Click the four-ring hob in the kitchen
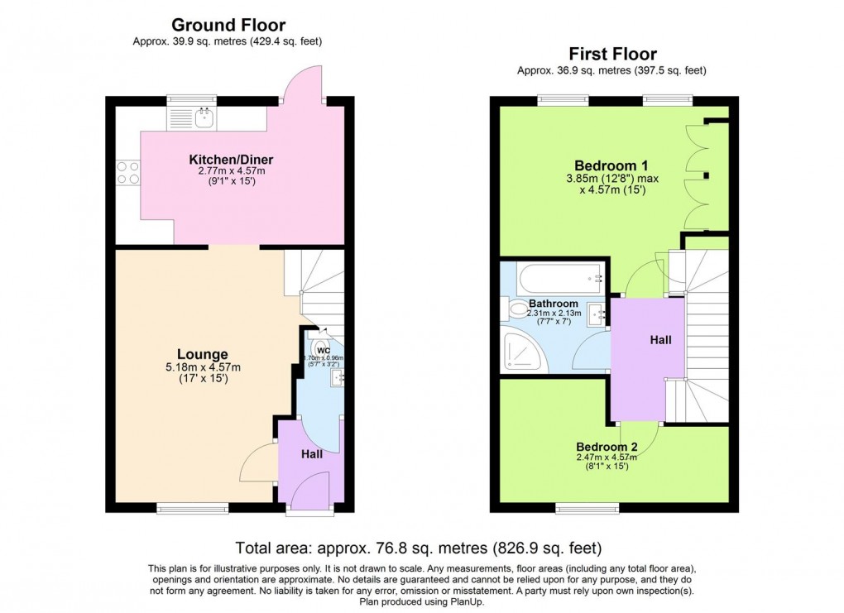tap(127, 172)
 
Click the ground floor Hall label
tap(311, 454)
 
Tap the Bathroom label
tap(550, 303)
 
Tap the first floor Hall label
tap(660, 340)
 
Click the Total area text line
tap(418, 548)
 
